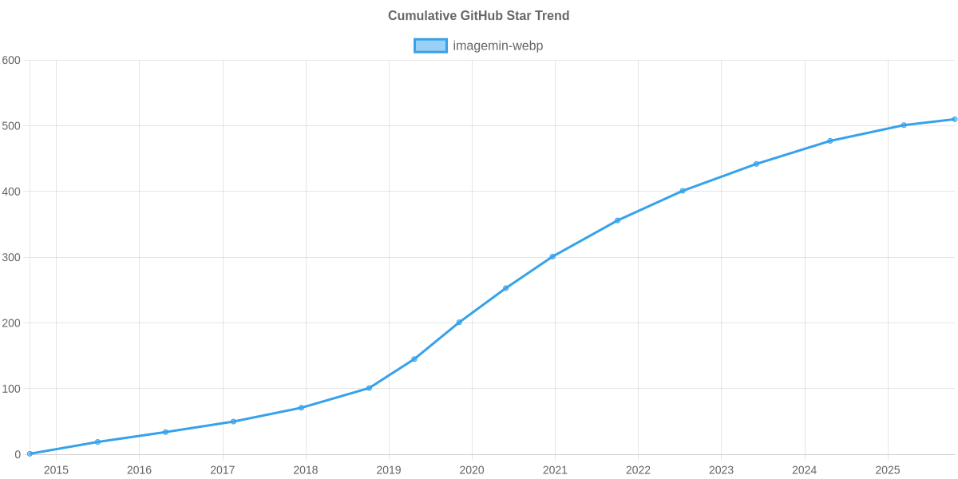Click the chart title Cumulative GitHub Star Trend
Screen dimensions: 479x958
pyautogui.click(x=478, y=16)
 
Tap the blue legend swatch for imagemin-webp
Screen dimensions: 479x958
pyautogui.click(x=430, y=46)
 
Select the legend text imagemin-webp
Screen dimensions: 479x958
pyautogui.click(x=497, y=46)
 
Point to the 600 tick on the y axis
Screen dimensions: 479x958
pyautogui.click(x=11, y=61)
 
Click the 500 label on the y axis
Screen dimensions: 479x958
pyautogui.click(x=11, y=126)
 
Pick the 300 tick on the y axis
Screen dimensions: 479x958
pyautogui.click(x=11, y=258)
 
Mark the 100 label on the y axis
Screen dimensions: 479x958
pyautogui.click(x=11, y=389)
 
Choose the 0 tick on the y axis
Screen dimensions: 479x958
pyautogui.click(x=17, y=454)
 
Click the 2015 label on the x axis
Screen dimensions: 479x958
pyautogui.click(x=56, y=470)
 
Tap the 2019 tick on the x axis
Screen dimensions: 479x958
pyautogui.click(x=389, y=470)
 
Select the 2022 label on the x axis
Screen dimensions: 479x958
pyautogui.click(x=638, y=470)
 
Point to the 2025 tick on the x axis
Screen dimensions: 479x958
pyautogui.click(x=888, y=470)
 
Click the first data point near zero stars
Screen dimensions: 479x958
pyautogui.click(x=30, y=453)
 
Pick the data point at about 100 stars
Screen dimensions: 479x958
pyautogui.click(x=369, y=388)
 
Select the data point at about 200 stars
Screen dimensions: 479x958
pyautogui.click(x=459, y=323)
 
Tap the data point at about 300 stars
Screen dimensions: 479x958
pyautogui.click(x=552, y=256)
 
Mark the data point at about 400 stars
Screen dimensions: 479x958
pyautogui.click(x=683, y=191)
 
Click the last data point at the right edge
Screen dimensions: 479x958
pyautogui.click(x=955, y=119)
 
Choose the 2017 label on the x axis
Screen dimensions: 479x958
pyautogui.click(x=222, y=470)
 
